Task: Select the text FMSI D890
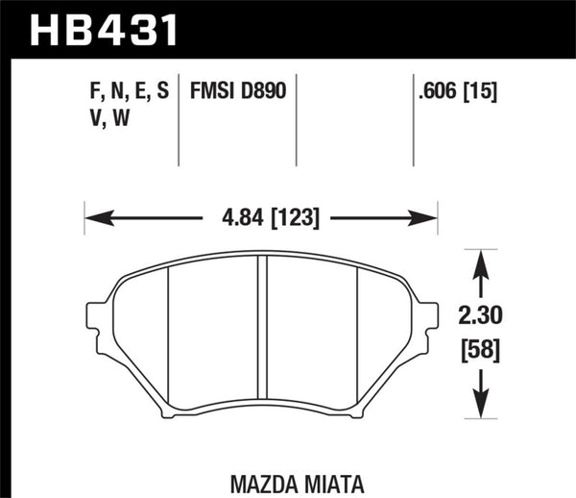(238, 91)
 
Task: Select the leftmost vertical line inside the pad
(169, 332)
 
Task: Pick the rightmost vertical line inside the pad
(357, 332)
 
